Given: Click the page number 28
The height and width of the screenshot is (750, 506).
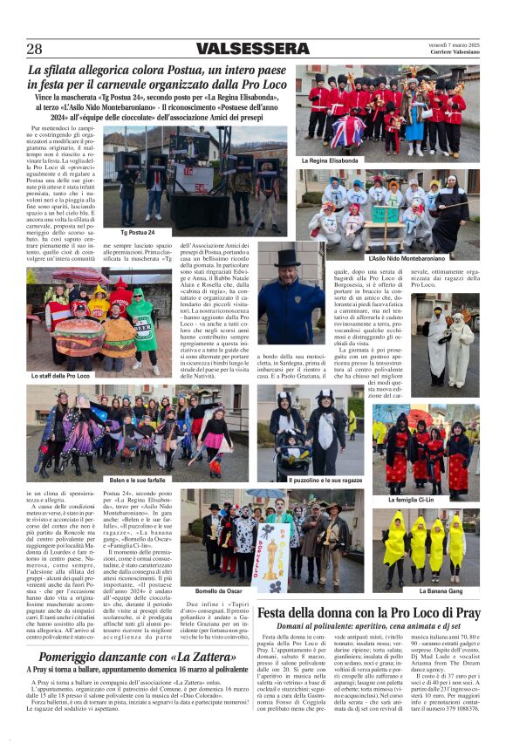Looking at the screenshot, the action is pos(34,49).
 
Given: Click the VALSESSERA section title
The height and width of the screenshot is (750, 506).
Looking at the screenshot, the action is pos(253,49).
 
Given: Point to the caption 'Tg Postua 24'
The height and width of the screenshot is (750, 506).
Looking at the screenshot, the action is pos(138,233).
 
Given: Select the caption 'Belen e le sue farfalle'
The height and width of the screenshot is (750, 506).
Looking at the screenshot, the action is pos(138,480).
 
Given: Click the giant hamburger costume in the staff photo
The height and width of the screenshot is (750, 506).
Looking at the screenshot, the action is pos(77,337).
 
